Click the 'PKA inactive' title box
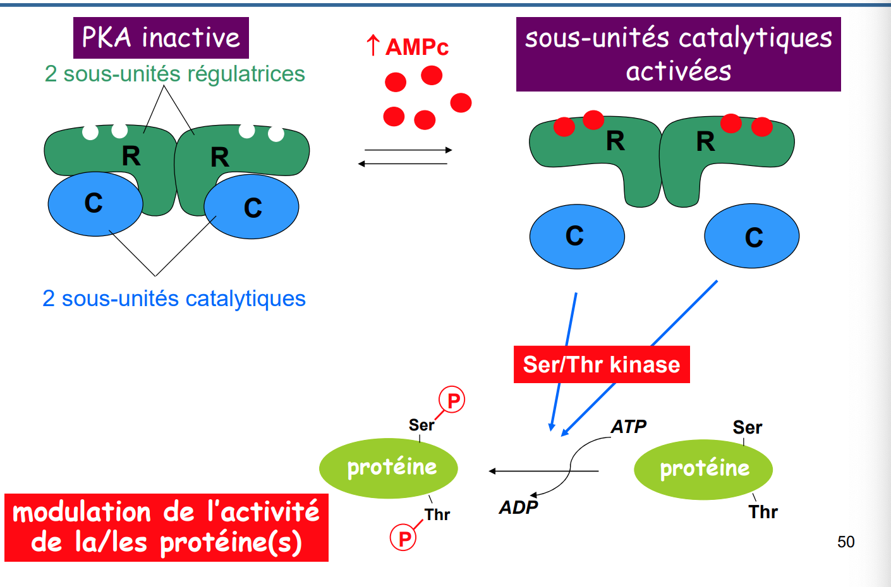pyautogui.click(x=161, y=38)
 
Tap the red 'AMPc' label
pyautogui.click(x=417, y=47)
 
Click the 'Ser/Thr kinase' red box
pyautogui.click(x=602, y=365)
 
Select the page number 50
pyautogui.click(x=846, y=542)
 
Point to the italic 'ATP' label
pyautogui.click(x=629, y=427)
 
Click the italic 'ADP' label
pyautogui.click(x=519, y=507)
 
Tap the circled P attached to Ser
pyautogui.click(x=452, y=400)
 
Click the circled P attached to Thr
pyautogui.click(x=404, y=538)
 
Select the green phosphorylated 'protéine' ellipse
pyautogui.click(x=389, y=468)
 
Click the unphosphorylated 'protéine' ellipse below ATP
pyautogui.click(x=703, y=470)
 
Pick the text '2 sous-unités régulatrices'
pyautogui.click(x=174, y=74)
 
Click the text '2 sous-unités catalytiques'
pyautogui.click(x=174, y=299)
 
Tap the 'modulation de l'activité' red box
pyautogui.click(x=166, y=527)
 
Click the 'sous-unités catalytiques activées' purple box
pyautogui.click(x=678, y=54)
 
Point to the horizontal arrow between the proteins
pyautogui.click(x=543, y=471)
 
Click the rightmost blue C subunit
pyautogui.click(x=752, y=236)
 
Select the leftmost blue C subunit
pyautogui.click(x=95, y=204)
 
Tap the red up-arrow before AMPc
pyautogui.click(x=373, y=45)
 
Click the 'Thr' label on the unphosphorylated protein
pyautogui.click(x=763, y=512)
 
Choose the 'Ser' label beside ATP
pyautogui.click(x=748, y=428)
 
